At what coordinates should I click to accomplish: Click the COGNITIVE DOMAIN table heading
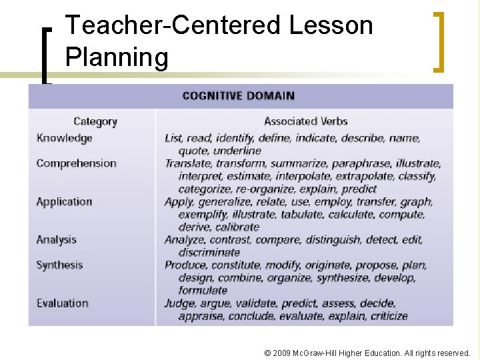[238, 95]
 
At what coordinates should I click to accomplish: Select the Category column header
[95, 121]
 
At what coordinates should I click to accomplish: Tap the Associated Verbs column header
[305, 121]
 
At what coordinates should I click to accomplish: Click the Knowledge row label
[64, 138]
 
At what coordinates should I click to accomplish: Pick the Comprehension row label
[76, 163]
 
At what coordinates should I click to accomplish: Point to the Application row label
[64, 201]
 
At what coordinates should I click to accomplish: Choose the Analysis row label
[56, 239]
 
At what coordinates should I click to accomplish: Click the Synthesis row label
[59, 265]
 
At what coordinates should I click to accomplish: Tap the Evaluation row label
[62, 303]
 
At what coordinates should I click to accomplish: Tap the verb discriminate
[209, 252]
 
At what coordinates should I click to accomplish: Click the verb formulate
[203, 290]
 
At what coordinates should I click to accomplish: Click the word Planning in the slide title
[117, 57]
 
